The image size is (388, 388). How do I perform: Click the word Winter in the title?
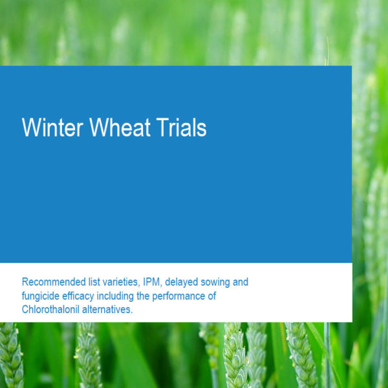coord(52,127)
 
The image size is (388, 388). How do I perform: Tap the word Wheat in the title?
coord(120,127)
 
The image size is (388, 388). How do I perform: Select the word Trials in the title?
coord(181,127)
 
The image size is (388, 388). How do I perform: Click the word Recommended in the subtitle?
coord(54,282)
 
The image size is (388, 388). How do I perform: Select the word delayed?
coord(181,283)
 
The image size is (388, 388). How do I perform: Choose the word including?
coord(115,296)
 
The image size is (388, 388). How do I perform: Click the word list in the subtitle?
coord(94,282)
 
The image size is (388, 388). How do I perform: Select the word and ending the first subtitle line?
coord(241,282)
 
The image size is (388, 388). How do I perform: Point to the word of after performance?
coord(212,296)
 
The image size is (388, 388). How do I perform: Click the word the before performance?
coord(143,296)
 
